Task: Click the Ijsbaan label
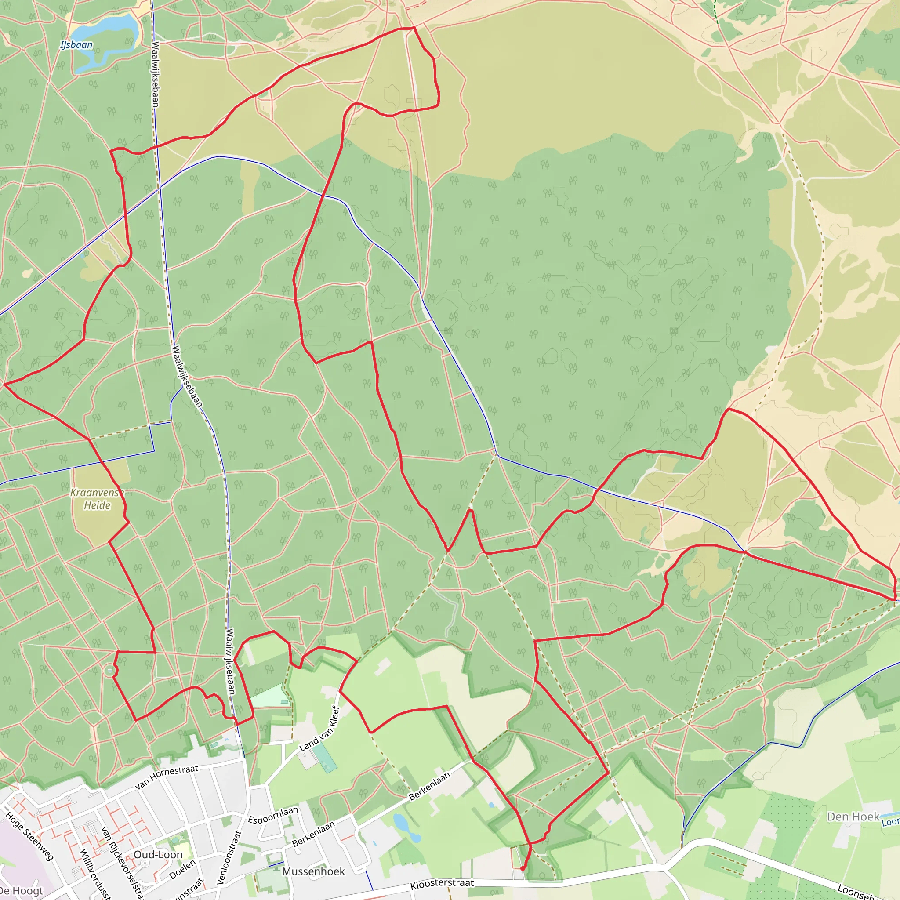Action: click(76, 45)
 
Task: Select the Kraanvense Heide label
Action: click(97, 499)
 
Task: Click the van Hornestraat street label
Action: click(167, 777)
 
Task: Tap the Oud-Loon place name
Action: click(158, 854)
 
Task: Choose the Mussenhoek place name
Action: click(313, 871)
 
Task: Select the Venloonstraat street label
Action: click(230, 856)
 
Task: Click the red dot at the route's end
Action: click(523, 868)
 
